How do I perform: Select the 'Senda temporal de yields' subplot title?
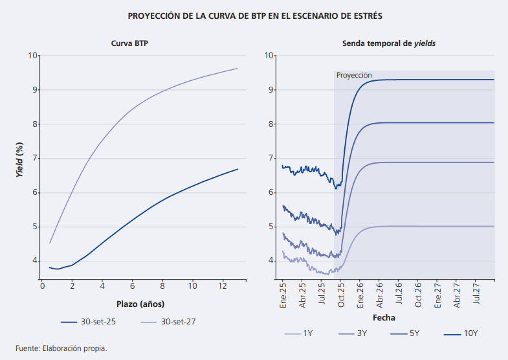388,43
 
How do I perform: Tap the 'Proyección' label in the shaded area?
354,75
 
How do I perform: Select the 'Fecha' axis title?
384,318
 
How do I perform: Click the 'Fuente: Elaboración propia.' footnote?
61,348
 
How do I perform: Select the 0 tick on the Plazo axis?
41,286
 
